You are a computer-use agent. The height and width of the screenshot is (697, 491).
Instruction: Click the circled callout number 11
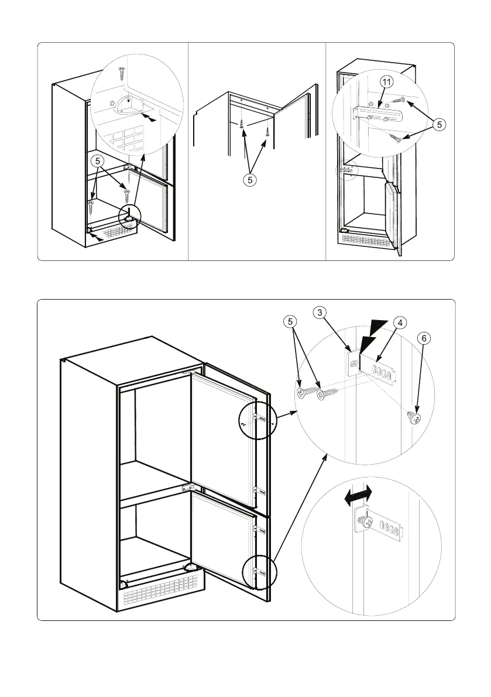pos(386,83)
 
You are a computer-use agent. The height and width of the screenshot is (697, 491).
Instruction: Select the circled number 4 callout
pos(399,322)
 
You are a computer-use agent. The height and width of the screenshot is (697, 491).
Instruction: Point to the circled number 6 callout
pos(424,338)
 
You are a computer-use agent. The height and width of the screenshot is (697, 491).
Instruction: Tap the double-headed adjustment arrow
pos(358,496)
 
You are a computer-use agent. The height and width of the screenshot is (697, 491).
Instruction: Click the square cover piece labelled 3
pos(352,363)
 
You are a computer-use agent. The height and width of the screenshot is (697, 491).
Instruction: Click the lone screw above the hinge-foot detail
pos(122,73)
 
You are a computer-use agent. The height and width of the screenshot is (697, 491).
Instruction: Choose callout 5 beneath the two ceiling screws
pos(250,180)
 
